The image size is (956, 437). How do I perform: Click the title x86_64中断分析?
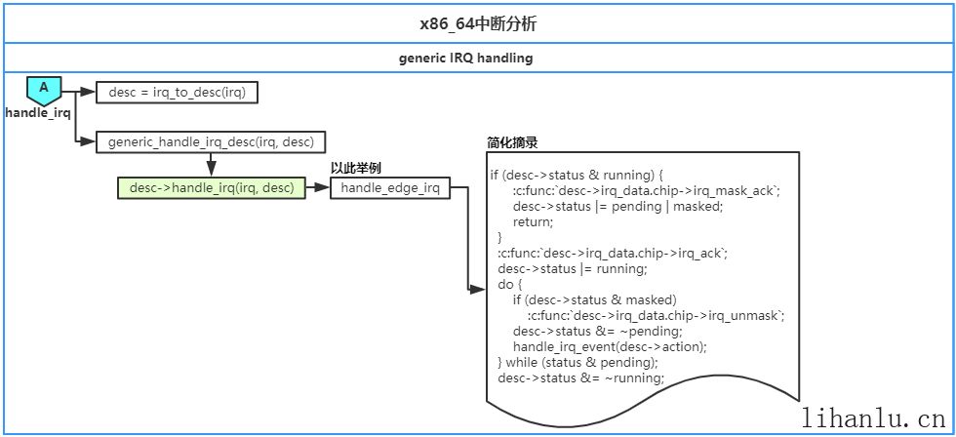[x=478, y=23]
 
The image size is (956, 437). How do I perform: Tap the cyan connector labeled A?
[x=44, y=90]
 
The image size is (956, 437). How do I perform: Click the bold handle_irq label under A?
[x=38, y=112]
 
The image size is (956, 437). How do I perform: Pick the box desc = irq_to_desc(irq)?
[x=177, y=93]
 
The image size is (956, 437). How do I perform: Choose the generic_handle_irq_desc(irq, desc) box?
[x=211, y=141]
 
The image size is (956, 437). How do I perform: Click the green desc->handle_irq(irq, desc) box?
[x=211, y=188]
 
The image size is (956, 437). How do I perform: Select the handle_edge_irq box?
[x=390, y=188]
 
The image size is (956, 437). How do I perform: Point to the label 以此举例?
[x=355, y=168]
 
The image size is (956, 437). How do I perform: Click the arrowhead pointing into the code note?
[x=478, y=289]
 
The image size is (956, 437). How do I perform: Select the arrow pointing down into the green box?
[x=211, y=168]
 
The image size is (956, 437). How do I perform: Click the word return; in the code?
[x=533, y=221]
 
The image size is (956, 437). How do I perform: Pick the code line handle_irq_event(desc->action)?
[x=610, y=346]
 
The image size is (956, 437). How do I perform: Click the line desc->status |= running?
[x=572, y=268]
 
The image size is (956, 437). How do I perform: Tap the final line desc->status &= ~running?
[x=580, y=377]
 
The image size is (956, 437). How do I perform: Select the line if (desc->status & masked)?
[x=594, y=299]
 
